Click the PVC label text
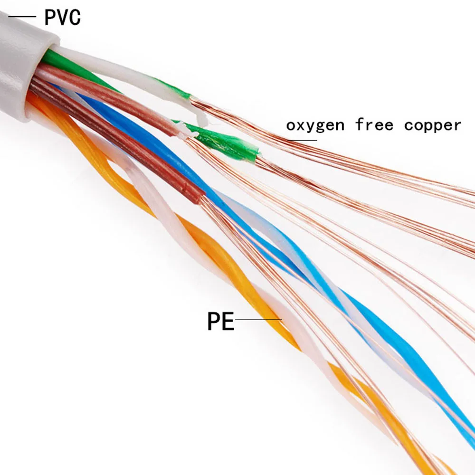pyautogui.click(x=62, y=17)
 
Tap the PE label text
pyautogui.click(x=221, y=322)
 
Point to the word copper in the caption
pyautogui.click(x=432, y=125)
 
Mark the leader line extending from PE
pyautogui.click(x=259, y=320)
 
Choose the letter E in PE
pyautogui.click(x=228, y=322)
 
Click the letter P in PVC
pyautogui.click(x=50, y=17)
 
